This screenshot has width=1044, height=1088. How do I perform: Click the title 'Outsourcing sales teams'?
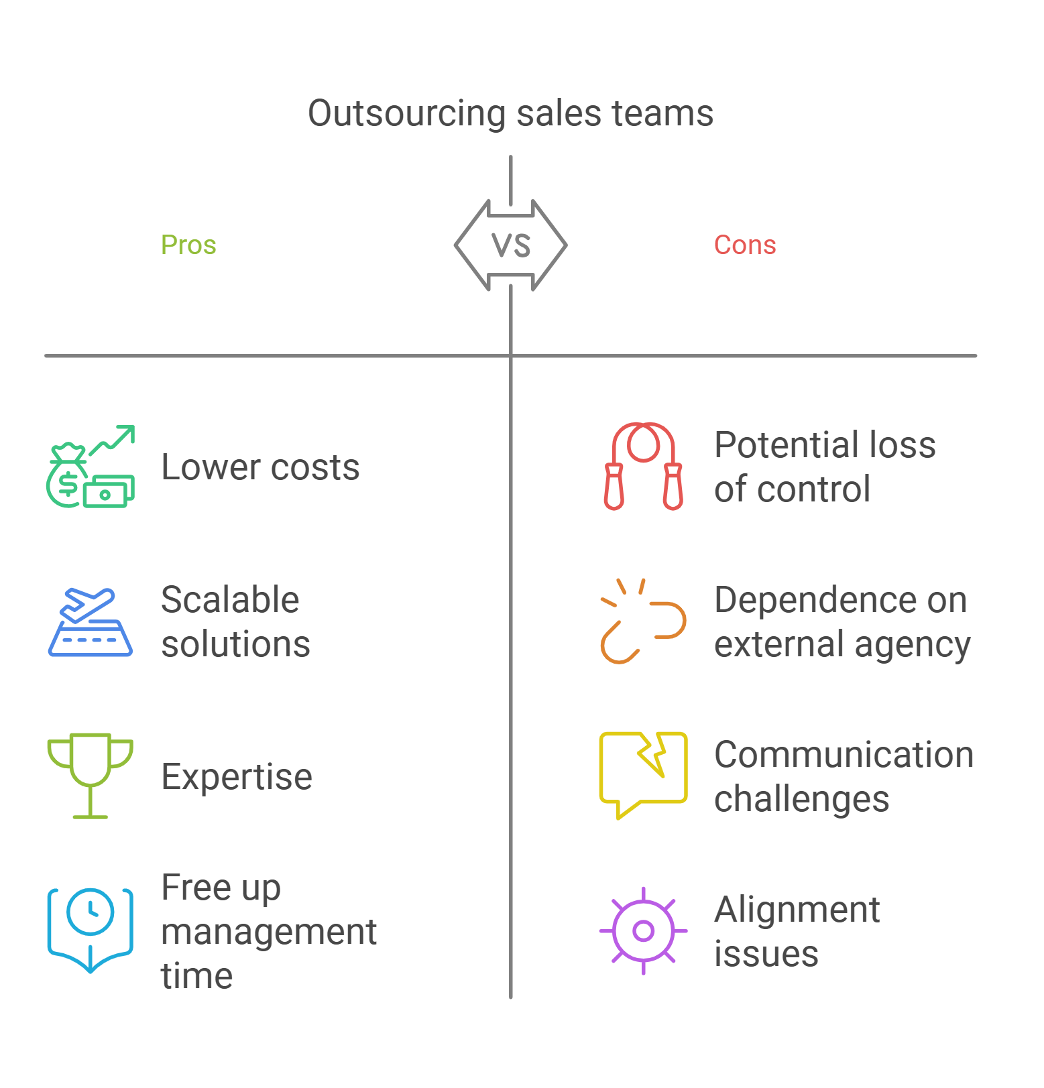point(510,113)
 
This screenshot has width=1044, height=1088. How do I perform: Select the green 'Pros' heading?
point(188,245)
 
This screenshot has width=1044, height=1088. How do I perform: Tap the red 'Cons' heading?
point(744,245)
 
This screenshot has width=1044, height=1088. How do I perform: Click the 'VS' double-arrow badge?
point(511,245)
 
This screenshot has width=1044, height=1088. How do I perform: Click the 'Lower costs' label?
point(260,467)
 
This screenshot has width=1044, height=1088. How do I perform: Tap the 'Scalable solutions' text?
point(235,621)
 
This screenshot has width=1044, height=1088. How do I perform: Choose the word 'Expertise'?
point(237,777)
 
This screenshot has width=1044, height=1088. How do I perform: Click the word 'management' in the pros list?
point(269,932)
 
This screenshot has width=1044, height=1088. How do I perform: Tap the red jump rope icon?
point(643,466)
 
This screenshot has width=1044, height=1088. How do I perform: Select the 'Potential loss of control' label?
point(824,467)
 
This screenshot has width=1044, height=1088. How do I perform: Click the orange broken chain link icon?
point(643,621)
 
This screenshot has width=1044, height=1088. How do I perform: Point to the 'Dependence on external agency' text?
point(842,621)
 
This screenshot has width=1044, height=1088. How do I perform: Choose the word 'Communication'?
point(844,755)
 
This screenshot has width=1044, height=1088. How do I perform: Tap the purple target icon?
point(643,930)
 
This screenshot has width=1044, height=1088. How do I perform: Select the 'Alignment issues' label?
point(797,931)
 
